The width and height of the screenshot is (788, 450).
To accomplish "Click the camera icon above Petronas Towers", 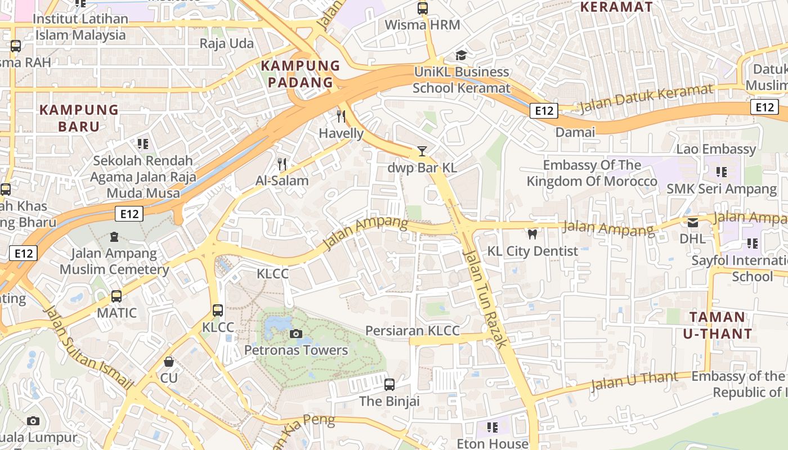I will (295, 334).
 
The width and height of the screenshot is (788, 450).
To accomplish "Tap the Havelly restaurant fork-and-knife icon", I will (341, 116).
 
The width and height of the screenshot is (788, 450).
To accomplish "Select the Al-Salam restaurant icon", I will (282, 164).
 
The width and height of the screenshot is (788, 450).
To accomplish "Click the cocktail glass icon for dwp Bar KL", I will (422, 151).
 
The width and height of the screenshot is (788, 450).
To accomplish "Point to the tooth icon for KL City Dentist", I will (532, 234).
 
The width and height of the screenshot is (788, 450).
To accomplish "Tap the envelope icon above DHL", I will (692, 222).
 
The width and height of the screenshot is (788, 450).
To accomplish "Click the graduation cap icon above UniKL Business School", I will (461, 55).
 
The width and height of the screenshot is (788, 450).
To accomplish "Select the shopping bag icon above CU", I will (168, 361).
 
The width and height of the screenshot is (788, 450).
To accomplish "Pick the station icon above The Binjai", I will (389, 385).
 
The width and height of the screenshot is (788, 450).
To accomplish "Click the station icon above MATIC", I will (117, 296).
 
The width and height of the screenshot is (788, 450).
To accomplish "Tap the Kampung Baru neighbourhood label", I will (79, 118).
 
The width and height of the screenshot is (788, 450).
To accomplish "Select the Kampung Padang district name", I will (301, 74).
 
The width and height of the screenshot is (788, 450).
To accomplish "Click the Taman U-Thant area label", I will (717, 325).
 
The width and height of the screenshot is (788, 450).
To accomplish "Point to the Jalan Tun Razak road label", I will (485, 298).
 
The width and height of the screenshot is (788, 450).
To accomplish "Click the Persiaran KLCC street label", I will (413, 331).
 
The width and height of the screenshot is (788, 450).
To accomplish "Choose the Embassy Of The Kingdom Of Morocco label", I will (592, 173).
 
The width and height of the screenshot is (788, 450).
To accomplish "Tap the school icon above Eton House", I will (492, 427).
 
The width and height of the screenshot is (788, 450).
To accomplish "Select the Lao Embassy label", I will (716, 149).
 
